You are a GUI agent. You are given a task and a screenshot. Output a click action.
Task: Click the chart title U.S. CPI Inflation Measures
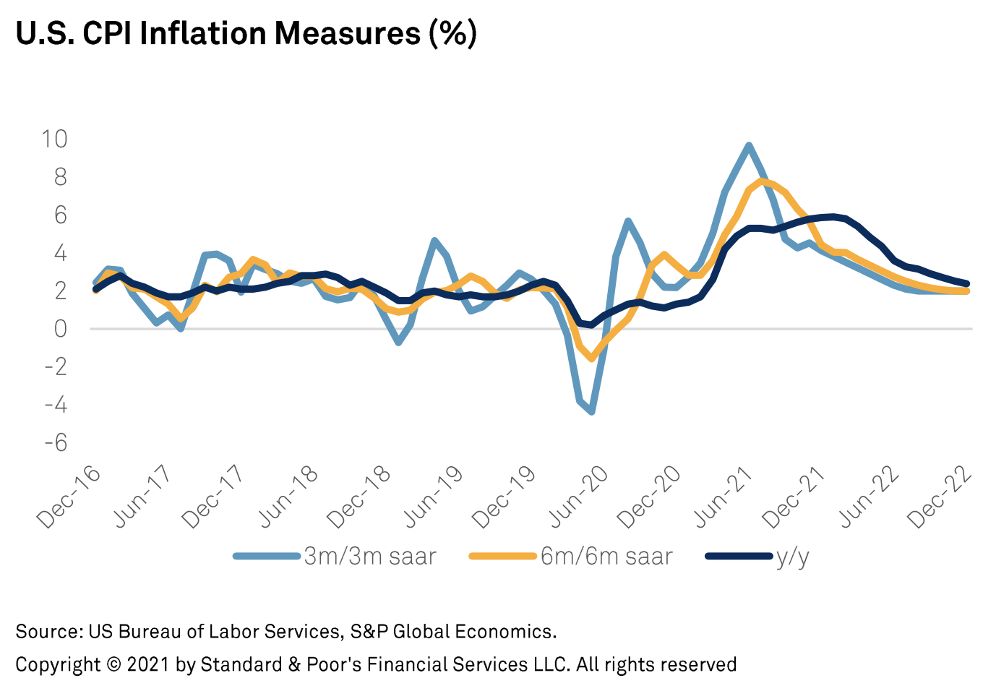pos(246,33)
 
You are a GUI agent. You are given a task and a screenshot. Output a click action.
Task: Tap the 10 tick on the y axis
pos(54,139)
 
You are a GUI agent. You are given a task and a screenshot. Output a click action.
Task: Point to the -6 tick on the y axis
pos(56,442)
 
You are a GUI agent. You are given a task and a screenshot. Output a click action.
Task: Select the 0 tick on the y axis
pos(60,329)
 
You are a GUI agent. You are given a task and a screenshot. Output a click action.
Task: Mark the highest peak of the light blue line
pos(749,145)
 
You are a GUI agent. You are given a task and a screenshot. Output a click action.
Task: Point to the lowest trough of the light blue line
pos(592,412)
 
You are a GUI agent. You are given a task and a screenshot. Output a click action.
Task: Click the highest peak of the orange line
pos(761,181)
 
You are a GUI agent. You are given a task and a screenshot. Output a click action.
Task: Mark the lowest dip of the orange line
pos(592,358)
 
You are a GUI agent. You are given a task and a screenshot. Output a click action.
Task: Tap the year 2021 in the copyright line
pos(148,664)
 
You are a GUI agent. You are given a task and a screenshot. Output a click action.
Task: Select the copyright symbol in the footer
pos(113,664)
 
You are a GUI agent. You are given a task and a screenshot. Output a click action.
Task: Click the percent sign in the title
pos(453,33)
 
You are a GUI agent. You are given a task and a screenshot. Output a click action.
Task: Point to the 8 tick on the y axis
pos(60,177)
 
